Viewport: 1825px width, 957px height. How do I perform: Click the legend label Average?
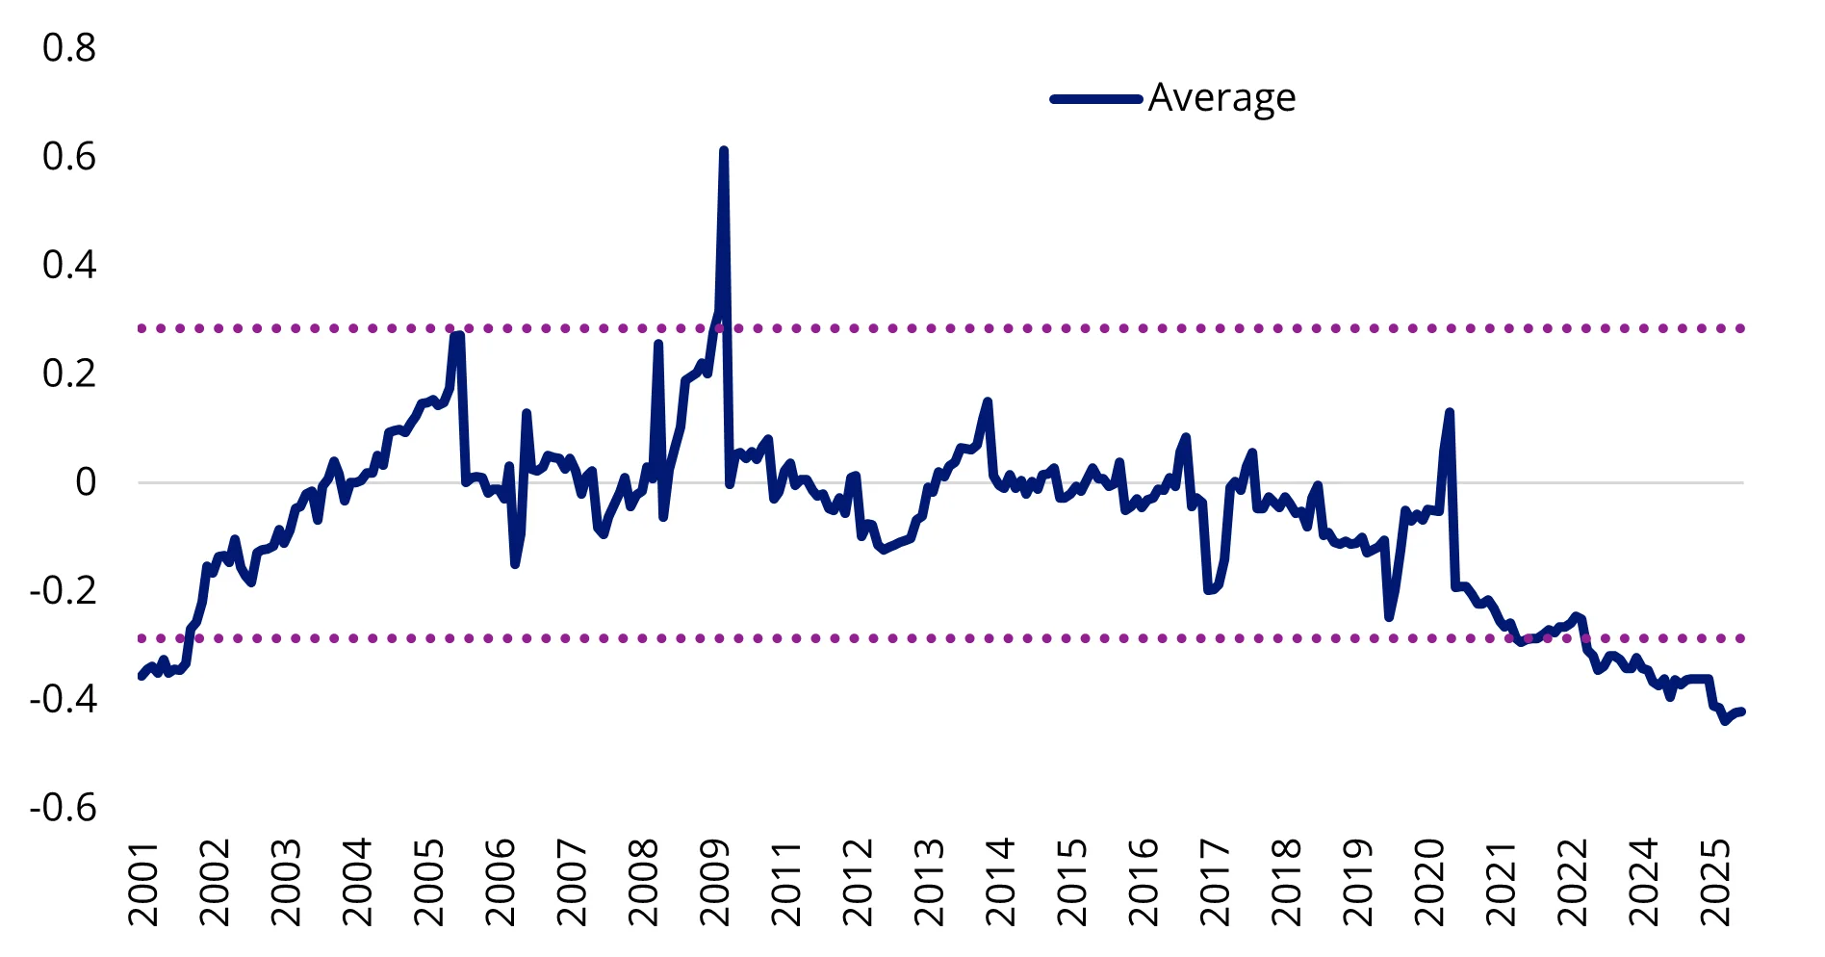coord(1221,98)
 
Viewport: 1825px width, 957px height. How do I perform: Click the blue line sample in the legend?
coord(1096,98)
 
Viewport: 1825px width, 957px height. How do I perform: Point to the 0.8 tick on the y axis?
coord(69,48)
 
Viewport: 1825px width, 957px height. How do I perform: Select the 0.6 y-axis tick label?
coord(69,157)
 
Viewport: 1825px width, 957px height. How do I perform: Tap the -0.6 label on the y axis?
coord(64,807)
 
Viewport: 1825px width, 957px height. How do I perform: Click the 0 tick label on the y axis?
coord(86,481)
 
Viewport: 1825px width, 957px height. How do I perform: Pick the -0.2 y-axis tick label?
coord(64,590)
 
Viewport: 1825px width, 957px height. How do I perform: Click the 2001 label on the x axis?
coord(144,883)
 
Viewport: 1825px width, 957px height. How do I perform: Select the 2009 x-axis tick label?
coord(716,883)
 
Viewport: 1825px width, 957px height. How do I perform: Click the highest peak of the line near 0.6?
coord(723,150)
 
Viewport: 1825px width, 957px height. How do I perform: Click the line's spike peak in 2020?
coord(1450,412)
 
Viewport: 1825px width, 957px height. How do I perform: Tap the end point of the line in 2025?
coord(1742,711)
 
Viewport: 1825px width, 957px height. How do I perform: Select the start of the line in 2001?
coord(141,677)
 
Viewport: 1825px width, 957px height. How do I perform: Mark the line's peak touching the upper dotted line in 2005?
coord(456,333)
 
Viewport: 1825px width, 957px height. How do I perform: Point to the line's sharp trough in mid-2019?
coord(1389,617)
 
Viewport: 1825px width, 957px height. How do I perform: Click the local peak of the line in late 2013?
coord(988,401)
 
